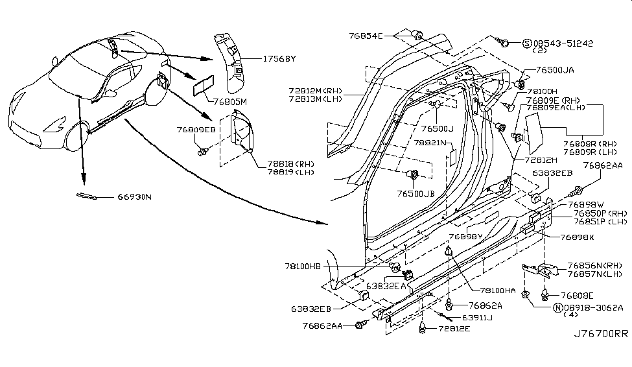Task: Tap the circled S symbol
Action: pyautogui.click(x=527, y=43)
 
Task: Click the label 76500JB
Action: pyautogui.click(x=416, y=193)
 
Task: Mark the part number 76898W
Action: pyautogui.click(x=585, y=204)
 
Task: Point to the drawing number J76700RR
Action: pyautogui.click(x=601, y=335)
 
